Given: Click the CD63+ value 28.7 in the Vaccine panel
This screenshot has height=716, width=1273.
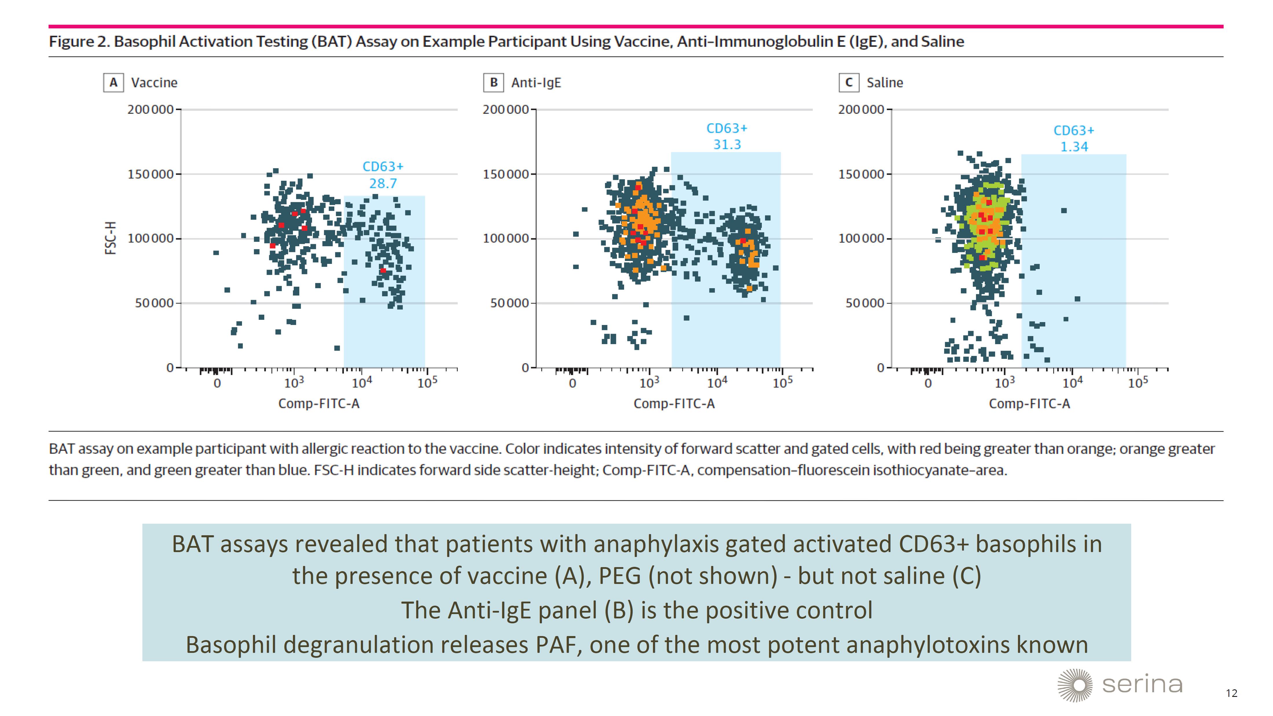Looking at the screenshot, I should (x=383, y=183).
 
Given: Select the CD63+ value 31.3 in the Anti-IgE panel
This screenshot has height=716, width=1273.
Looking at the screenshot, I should (x=727, y=144).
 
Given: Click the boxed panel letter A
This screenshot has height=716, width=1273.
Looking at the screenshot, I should (x=113, y=83).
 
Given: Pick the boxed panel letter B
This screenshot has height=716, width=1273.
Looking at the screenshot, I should (x=493, y=83).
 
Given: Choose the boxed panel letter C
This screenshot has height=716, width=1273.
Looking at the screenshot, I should (x=848, y=83).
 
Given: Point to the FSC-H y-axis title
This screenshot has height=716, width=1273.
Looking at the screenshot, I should (x=111, y=238).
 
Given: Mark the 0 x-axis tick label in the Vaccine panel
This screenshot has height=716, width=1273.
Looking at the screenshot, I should (x=217, y=383).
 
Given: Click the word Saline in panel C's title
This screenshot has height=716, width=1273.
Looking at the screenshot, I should (x=885, y=83).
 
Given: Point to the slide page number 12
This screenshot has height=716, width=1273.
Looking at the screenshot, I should (x=1232, y=693).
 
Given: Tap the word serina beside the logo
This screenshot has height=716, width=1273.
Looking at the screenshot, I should (x=1142, y=685).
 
